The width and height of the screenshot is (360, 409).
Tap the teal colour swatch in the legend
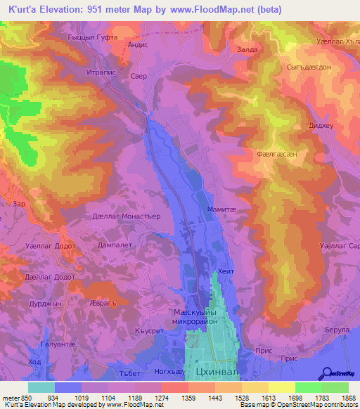[41, 387]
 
